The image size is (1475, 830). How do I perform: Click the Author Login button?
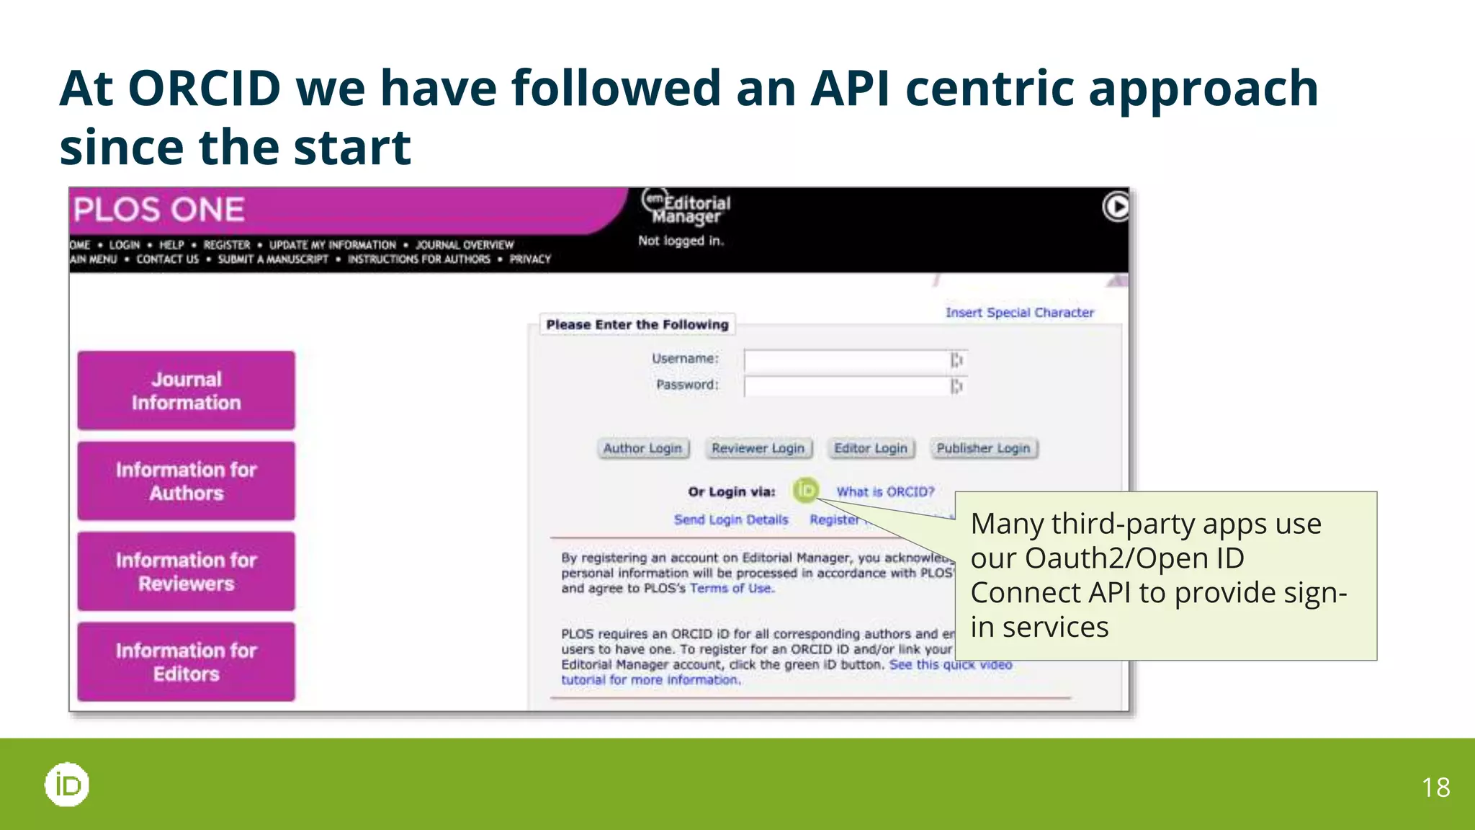tap(642, 448)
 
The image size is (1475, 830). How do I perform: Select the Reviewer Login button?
tap(758, 448)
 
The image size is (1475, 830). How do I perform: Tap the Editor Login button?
tap(870, 448)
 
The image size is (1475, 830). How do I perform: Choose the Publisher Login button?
tap(983, 448)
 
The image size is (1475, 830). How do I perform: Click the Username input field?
tap(847, 360)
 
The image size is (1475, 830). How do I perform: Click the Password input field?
tap(847, 386)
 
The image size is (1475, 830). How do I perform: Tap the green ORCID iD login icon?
tap(805, 491)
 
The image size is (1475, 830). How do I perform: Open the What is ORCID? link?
tap(885, 492)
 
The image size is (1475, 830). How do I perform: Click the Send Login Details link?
tap(731, 519)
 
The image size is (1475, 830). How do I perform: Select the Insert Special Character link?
tap(1019, 313)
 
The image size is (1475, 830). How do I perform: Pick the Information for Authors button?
tap(186, 481)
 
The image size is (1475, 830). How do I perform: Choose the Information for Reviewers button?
tap(186, 571)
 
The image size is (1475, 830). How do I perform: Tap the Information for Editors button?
tap(186, 662)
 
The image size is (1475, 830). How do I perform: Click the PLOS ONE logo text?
tap(159, 210)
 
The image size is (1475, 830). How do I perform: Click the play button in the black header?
tap(1116, 207)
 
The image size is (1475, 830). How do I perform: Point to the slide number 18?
tap(1435, 787)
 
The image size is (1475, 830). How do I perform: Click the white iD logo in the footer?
tap(67, 785)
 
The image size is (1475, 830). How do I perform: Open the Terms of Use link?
tap(731, 589)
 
